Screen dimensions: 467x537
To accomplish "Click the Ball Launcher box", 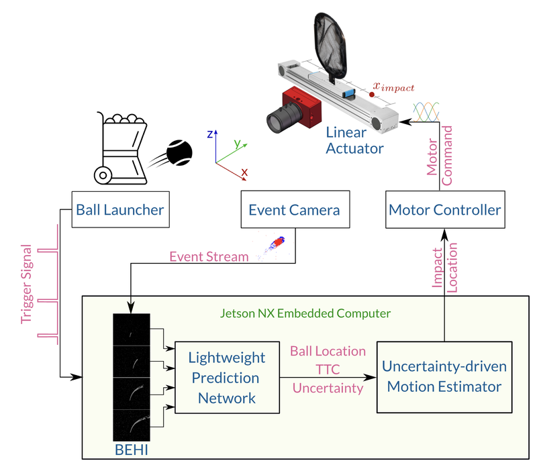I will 118,210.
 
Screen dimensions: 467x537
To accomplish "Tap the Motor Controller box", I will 444,210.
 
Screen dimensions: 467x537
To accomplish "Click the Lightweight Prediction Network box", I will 226,378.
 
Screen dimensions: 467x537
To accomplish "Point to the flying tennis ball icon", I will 179,152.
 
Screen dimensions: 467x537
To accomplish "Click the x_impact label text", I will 394,87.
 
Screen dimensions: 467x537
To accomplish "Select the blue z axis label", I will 210,134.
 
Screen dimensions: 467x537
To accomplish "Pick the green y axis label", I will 237,144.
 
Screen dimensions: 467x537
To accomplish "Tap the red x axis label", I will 244,172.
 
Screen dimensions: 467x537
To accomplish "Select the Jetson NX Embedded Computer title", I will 305,313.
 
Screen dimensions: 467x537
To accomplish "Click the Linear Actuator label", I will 355,140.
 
